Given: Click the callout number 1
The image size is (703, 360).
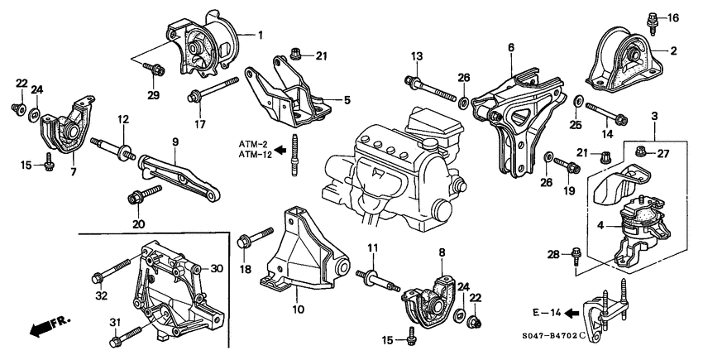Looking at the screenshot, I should [259, 35].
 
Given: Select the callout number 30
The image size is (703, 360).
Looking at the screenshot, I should [218, 269].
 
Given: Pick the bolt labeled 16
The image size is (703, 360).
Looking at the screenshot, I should [653, 19].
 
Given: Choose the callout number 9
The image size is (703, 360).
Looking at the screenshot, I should [175, 142].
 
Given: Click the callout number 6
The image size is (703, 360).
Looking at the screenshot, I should [511, 47].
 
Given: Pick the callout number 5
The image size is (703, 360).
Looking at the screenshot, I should [347, 100].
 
